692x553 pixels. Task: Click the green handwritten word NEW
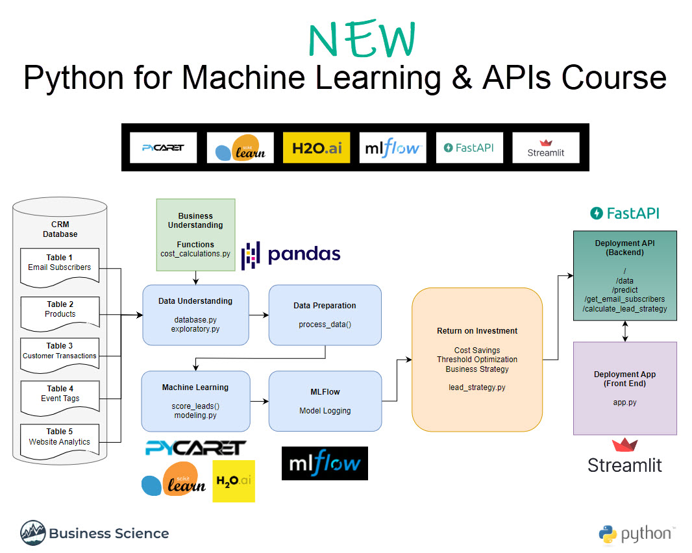362,39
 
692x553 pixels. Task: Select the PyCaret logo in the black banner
164,147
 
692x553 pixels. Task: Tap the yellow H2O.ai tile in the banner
316,147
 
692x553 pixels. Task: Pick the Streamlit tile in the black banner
546,147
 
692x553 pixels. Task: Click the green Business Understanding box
195,235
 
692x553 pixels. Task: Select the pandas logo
291,254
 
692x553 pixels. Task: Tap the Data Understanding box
195,315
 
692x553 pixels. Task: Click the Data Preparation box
325,315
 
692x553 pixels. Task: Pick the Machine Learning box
195,400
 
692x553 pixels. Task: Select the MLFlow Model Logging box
325,400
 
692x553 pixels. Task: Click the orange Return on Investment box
477,359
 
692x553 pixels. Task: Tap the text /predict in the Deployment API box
625,290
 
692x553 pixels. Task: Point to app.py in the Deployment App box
625,402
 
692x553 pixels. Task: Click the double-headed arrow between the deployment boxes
625,331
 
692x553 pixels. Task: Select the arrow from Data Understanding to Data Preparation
259,315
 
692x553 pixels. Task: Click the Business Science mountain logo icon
32,533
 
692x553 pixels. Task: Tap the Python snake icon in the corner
608,534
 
